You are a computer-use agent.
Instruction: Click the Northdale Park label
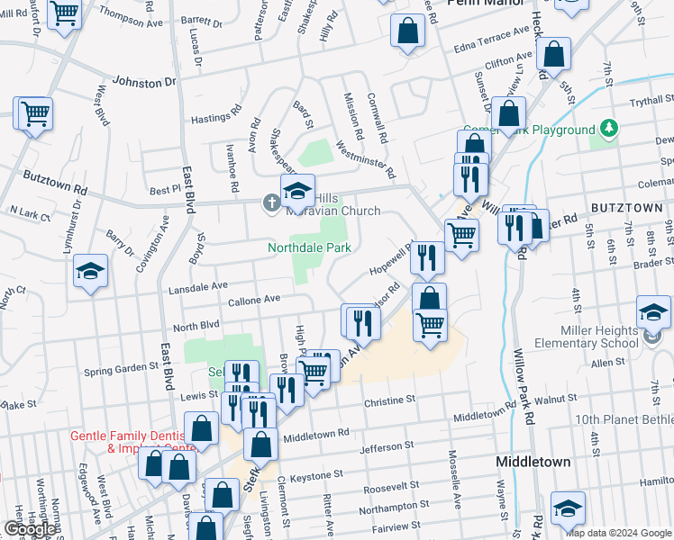[x=308, y=247]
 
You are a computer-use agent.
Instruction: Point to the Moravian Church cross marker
[x=271, y=202]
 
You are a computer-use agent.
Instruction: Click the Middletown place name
[x=533, y=462]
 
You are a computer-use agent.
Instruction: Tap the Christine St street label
[x=389, y=399]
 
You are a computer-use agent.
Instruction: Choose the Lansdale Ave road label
[x=196, y=286]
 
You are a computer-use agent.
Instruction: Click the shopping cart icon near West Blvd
[x=33, y=114]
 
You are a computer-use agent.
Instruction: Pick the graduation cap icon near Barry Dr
[x=90, y=271]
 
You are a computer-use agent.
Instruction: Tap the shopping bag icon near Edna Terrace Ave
[x=408, y=31]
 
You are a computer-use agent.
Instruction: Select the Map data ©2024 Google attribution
[x=617, y=532]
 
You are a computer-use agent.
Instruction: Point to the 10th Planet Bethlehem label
[x=624, y=420]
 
